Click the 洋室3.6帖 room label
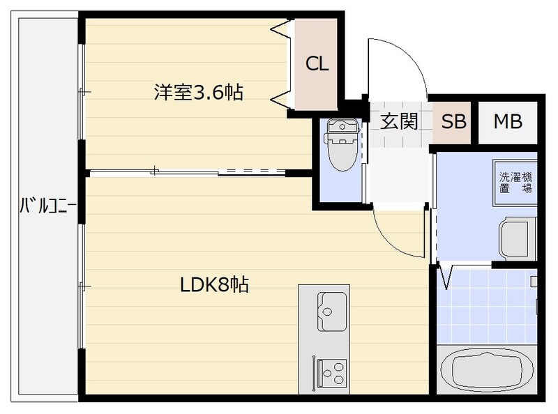click(199, 92)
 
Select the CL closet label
click(317, 64)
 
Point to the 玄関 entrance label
click(399, 121)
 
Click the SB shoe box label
click(453, 121)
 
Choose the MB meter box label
click(508, 121)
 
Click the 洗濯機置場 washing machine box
click(515, 183)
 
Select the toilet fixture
click(342, 144)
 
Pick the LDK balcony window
click(82, 286)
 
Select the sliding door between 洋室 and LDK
click(188, 171)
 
